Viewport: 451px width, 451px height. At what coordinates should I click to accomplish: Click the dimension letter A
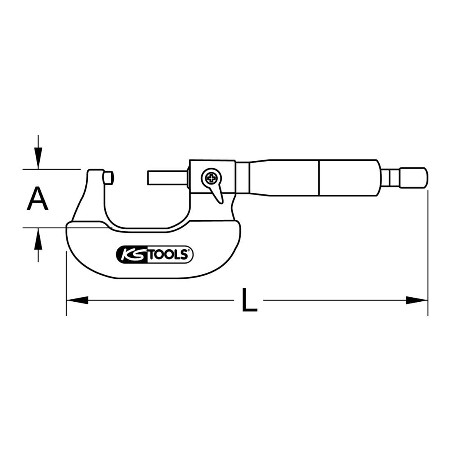(37, 198)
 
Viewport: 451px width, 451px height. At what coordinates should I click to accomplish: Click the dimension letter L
(249, 300)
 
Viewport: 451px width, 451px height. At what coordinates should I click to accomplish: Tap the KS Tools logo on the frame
(155, 254)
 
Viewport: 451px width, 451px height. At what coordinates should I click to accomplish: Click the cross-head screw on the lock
(212, 179)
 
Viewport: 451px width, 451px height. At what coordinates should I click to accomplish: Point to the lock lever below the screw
(218, 194)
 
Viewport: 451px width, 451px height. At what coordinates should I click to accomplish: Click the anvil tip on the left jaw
(109, 178)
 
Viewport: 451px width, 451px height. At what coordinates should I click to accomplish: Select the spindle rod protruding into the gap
(167, 178)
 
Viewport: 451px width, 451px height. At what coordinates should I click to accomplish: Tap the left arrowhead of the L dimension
(77, 300)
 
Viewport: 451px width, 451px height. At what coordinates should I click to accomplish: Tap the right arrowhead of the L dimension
(417, 300)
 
